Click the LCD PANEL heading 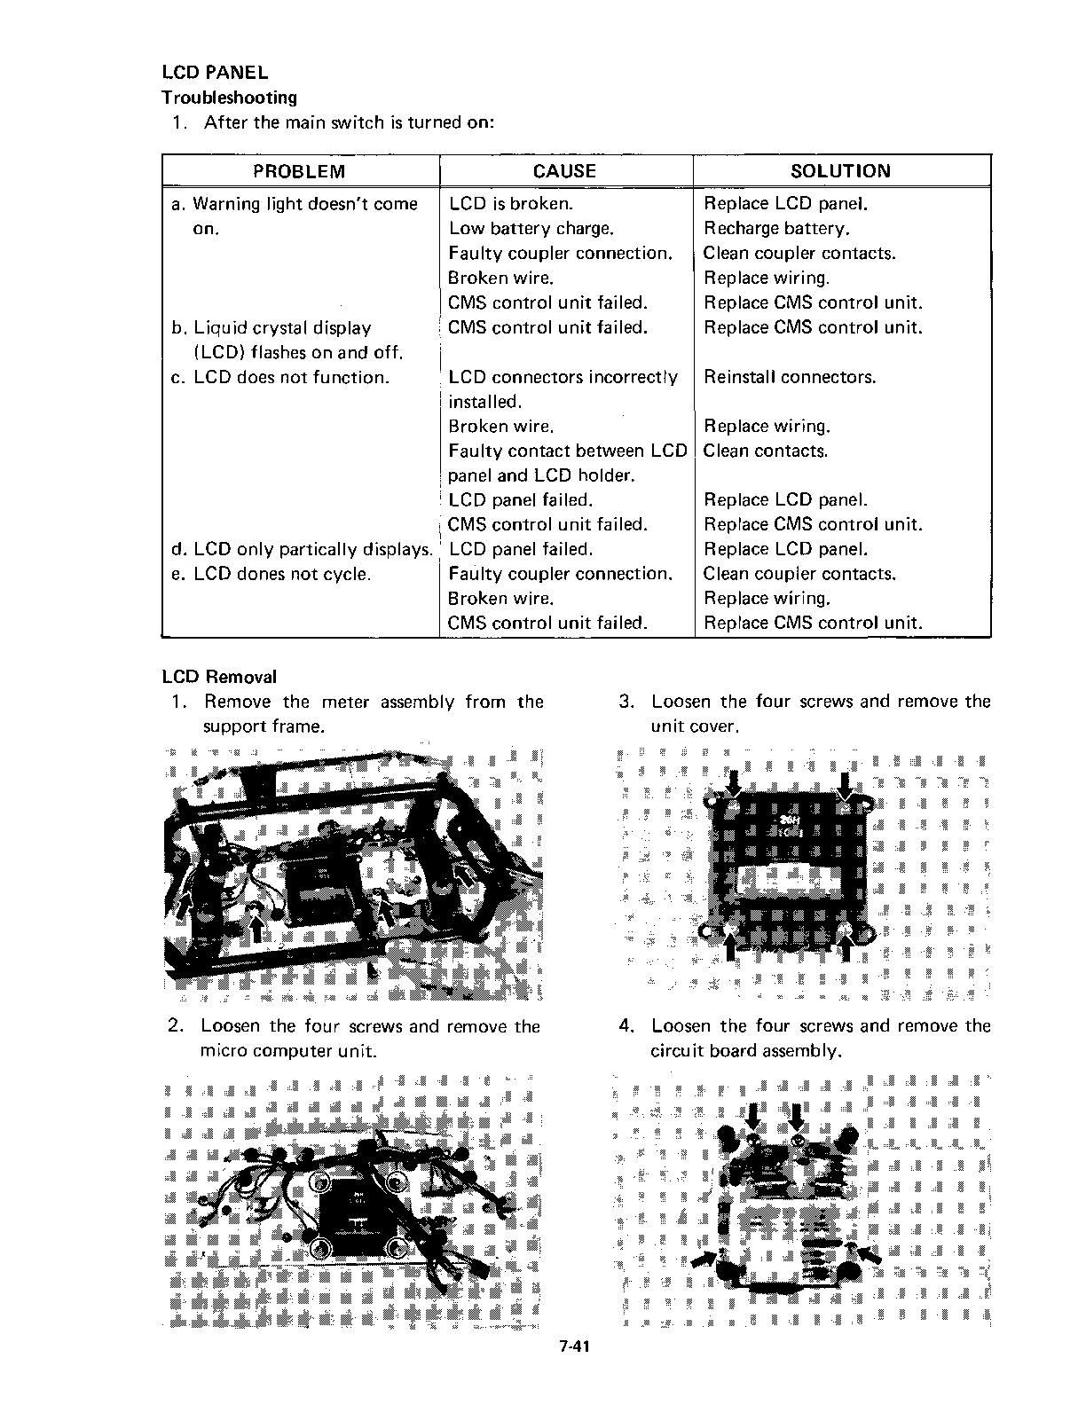(215, 72)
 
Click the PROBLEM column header (299, 171)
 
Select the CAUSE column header (565, 171)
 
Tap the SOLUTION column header (840, 171)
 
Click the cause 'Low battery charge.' (531, 229)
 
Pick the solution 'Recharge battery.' (777, 229)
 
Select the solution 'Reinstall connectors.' (790, 377)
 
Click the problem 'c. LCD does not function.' (279, 377)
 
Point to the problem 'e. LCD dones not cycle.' (271, 574)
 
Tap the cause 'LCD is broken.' (511, 204)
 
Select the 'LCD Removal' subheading (219, 677)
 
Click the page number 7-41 (575, 1371)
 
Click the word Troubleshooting (229, 97)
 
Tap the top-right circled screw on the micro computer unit (397, 1181)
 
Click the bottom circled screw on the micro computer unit (321, 1248)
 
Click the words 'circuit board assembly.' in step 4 (745, 1051)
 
